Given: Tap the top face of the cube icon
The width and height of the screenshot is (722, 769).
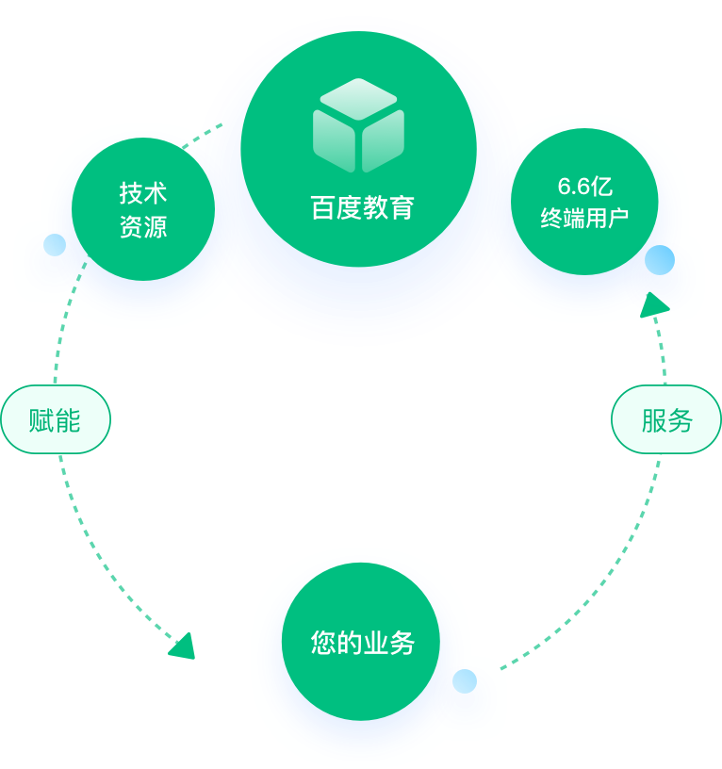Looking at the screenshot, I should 358,97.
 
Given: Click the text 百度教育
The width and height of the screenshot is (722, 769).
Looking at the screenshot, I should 362,207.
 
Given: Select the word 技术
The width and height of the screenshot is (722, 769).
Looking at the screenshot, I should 143,193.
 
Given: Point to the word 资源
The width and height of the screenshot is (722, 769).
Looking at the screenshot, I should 143,227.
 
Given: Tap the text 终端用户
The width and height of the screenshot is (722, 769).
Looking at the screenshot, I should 584,219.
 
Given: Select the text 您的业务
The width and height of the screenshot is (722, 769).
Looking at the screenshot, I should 362,643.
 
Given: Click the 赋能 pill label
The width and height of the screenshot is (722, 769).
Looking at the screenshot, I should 56,419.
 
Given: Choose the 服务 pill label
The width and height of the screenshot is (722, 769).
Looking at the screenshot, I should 666,419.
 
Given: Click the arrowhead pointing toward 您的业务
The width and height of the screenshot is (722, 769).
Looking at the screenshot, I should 182,646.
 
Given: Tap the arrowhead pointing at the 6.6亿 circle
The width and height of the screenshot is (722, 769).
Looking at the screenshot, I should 653,304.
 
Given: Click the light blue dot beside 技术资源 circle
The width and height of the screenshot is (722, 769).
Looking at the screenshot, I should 55,246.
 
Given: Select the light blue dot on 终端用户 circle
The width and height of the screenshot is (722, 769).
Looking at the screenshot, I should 659,260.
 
